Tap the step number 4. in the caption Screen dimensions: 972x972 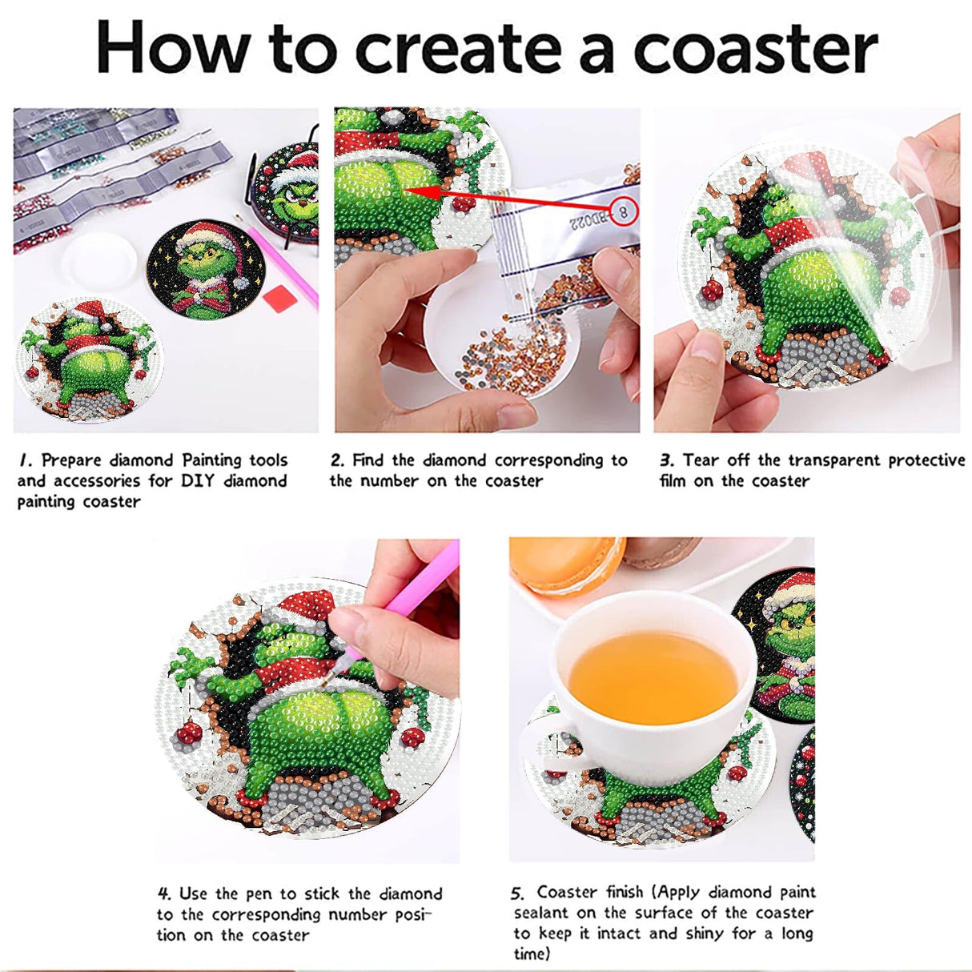click(164, 894)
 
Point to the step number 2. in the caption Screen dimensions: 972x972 click(337, 460)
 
